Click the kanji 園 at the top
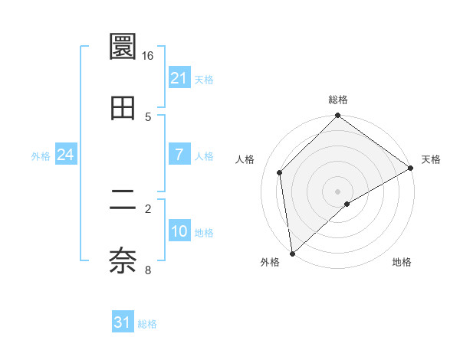pos(123,47)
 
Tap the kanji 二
pos(123,201)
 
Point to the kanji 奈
pos(123,261)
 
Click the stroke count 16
pos(148,56)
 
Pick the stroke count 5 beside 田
pos(148,116)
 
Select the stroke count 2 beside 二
pos(148,208)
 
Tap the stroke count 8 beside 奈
pos(148,269)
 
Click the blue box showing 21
pos(179,78)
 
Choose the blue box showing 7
pos(179,155)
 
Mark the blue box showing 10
pos(179,231)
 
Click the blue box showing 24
pos(65,155)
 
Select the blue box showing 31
pos(123,322)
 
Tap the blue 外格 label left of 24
pos(41,156)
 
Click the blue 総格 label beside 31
pos(147,324)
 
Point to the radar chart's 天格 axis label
pos(431,159)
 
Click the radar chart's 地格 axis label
pos(402,262)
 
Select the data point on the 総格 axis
pos(337,116)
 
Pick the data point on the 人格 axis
pos(280,172)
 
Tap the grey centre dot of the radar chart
pos(337,191)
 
